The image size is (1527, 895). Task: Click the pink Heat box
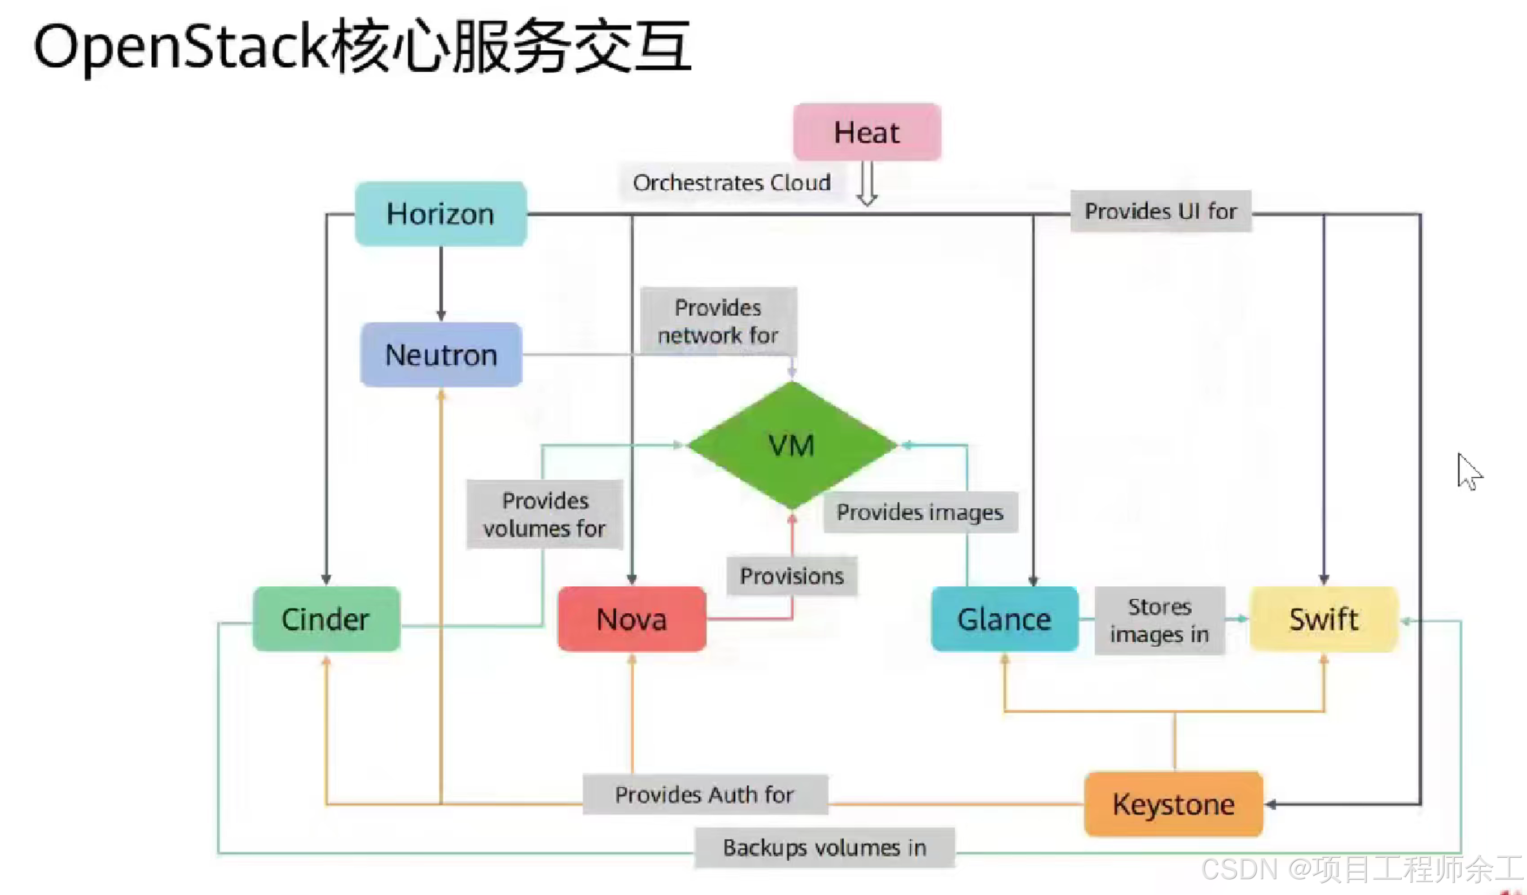[867, 132]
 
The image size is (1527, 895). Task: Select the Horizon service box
[441, 214]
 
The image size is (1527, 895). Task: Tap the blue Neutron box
[441, 354]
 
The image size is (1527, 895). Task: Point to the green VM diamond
[791, 445]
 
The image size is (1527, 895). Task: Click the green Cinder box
[326, 618]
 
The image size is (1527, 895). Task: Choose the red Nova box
[631, 618]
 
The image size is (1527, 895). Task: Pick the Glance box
[1004, 618]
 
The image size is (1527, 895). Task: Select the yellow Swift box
[1323, 618]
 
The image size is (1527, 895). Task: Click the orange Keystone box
[1173, 804]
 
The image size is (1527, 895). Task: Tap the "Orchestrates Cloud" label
[731, 182]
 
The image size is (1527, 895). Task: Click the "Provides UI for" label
[1160, 211]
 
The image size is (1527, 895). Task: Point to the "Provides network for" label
[718, 321]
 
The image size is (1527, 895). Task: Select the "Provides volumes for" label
[544, 515]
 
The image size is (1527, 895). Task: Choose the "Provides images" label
[920, 512]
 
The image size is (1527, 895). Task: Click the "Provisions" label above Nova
[791, 576]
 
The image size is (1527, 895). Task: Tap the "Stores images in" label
[1159, 621]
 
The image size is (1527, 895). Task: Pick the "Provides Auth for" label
[704, 795]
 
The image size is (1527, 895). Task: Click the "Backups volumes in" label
[824, 847]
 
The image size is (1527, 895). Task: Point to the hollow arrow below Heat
[867, 183]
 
